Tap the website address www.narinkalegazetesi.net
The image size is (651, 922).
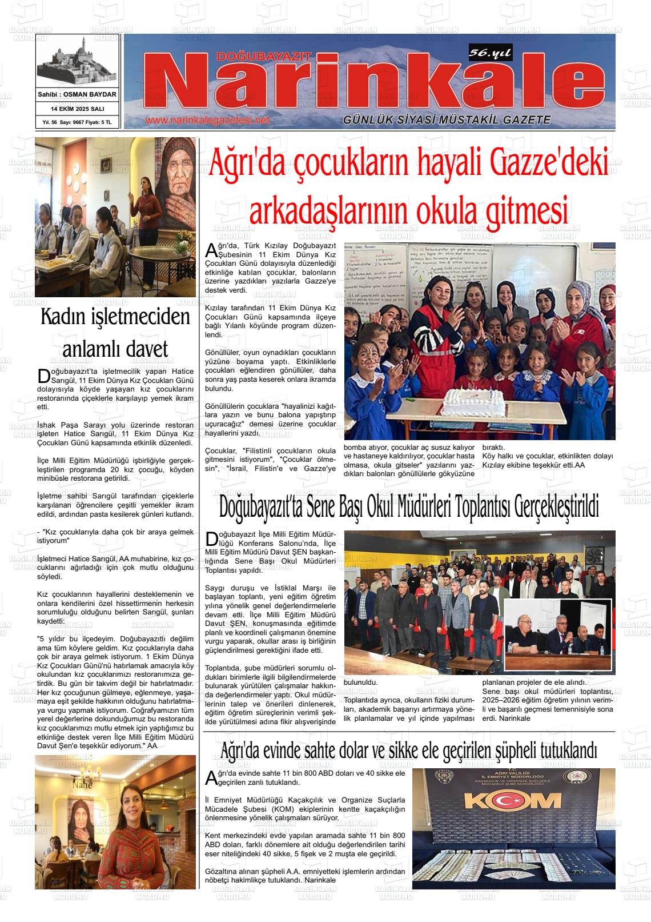(x=207, y=121)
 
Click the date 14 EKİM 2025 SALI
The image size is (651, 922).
(x=77, y=109)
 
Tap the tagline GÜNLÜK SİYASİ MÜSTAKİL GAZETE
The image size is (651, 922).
(x=447, y=120)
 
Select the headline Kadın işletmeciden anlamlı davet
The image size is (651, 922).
(x=115, y=332)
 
